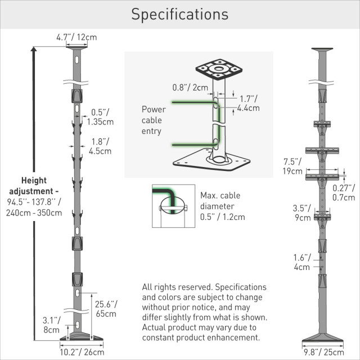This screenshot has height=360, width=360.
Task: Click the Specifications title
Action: click(179, 14)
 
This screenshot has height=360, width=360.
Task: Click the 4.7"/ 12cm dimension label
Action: click(76, 38)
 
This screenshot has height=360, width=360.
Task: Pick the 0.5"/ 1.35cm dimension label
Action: click(102, 116)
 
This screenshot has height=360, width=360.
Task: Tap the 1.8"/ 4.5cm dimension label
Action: click(100, 146)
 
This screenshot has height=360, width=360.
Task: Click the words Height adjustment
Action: click(37, 186)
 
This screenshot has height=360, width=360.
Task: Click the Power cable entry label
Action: click(153, 120)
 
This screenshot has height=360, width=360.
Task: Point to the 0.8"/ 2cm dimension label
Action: click(190, 87)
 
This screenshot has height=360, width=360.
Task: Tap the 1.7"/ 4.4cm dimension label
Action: click(247, 103)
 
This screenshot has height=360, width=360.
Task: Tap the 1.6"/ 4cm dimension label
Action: click(301, 262)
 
